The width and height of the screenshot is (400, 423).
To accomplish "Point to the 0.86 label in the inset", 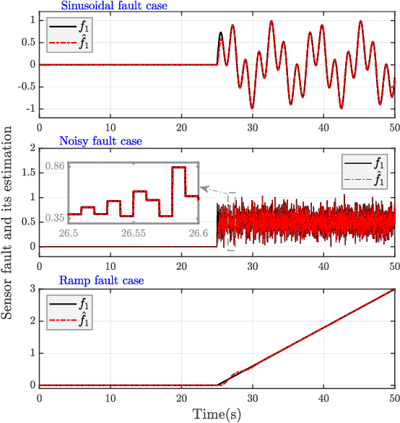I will pyautogui.click(x=55, y=166).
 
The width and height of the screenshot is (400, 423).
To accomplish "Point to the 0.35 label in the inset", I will pyautogui.click(x=55, y=217).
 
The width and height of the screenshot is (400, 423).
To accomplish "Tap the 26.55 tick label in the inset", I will pyautogui.click(x=136, y=233).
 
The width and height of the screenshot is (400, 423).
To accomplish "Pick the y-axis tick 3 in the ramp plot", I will pyautogui.click(x=28, y=289).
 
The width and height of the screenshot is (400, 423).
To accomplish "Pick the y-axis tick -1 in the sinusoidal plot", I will pyautogui.click(x=25, y=108).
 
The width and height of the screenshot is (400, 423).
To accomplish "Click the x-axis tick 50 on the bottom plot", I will pyautogui.click(x=394, y=398).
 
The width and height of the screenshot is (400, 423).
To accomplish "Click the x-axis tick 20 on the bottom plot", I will pyautogui.click(x=181, y=398).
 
